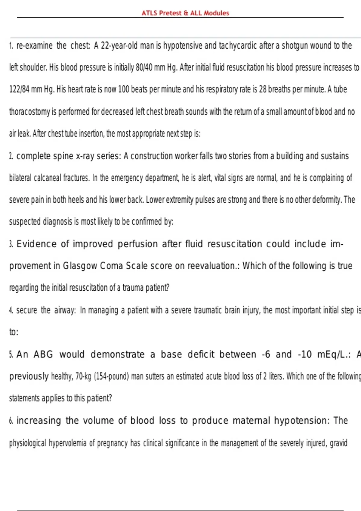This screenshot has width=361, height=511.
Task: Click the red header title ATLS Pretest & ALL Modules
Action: (185, 13)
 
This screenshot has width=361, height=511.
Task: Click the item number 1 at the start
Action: (11, 46)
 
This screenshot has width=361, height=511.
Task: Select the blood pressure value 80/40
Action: (144, 67)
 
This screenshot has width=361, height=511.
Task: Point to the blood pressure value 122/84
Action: (19, 90)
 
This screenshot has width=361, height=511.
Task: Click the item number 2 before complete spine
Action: (11, 156)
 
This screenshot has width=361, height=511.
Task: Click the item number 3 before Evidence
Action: (11, 244)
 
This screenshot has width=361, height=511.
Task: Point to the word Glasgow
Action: (80, 266)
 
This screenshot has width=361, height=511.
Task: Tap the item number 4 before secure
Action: (11, 311)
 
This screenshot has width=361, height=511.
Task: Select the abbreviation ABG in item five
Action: (43, 354)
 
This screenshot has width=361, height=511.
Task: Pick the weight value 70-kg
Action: (83, 376)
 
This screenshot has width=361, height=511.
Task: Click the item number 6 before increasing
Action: (11, 421)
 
